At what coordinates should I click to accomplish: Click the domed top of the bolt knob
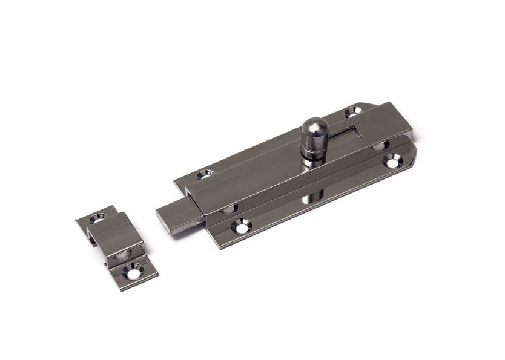click(315, 126)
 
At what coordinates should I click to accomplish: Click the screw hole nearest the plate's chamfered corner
click(352, 112)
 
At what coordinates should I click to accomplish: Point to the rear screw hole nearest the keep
click(206, 174)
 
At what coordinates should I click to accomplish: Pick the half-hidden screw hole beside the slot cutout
click(379, 146)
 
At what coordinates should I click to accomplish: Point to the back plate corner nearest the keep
click(176, 182)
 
